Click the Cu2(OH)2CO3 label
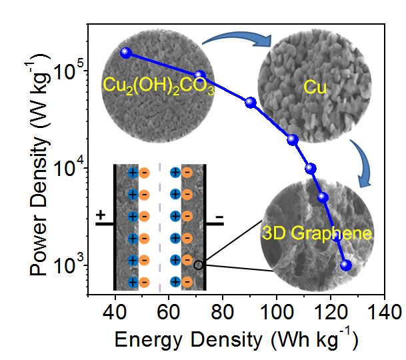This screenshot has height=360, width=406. tap(158, 85)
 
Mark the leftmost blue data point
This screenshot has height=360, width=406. tap(125, 53)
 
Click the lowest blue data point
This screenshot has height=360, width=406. tap(345, 265)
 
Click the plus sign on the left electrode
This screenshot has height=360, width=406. tap(101, 215)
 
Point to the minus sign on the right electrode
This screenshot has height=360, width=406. tap(219, 218)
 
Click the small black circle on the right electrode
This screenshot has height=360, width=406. tap(198, 265)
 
